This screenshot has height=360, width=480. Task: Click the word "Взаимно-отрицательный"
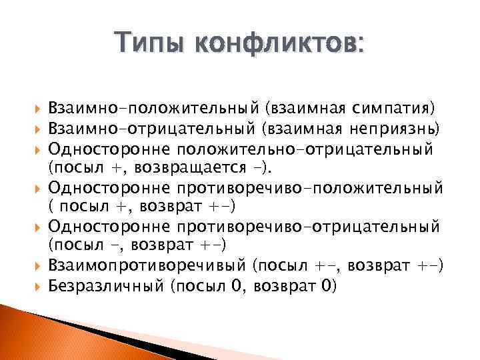pyautogui.click(x=153, y=126)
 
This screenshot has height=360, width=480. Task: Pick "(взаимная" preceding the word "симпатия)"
pyautogui.click(x=299, y=107)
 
